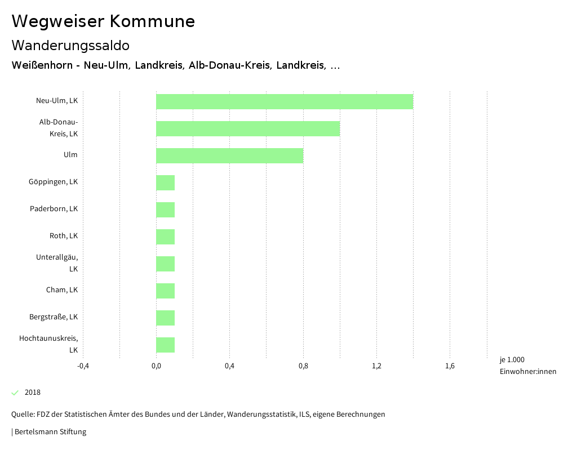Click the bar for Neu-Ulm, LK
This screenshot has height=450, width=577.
pos(285,101)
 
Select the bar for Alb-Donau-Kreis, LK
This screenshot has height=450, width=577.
pos(248,128)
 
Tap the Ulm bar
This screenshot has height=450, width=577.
pos(229,155)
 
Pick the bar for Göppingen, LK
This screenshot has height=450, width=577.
pos(165,182)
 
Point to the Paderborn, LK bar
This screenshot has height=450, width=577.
pos(165,210)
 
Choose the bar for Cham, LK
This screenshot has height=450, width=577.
pos(165,291)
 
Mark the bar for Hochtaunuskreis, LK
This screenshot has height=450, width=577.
pos(165,345)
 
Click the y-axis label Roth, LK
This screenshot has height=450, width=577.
pos(63,236)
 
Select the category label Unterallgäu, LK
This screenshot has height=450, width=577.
pos(57,263)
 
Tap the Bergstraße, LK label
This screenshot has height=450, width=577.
pos(54,317)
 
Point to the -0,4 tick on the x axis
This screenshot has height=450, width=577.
pos(83,366)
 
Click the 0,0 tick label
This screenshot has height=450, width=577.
pos(156,366)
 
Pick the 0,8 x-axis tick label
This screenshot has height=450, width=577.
pos(303,366)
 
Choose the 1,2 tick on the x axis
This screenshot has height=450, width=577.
pos(376,366)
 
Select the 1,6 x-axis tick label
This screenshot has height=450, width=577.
pos(450,366)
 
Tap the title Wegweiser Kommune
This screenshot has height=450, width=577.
pos(103,21)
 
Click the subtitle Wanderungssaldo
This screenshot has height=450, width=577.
pos(70,45)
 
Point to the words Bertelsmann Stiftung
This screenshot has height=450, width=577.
pos(50,432)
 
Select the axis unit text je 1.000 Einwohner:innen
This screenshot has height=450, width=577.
pos(527,366)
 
